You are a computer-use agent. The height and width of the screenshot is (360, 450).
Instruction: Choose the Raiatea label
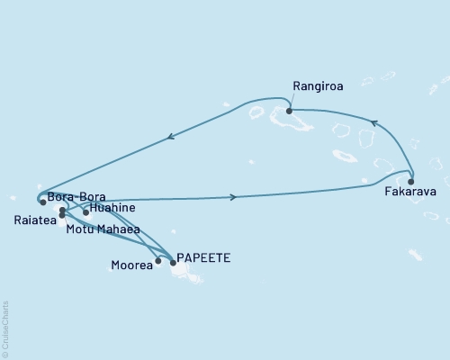coord(32,218)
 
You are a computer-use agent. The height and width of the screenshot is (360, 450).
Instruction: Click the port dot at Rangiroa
coord(289,112)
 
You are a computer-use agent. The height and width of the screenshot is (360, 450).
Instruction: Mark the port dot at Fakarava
coord(411,179)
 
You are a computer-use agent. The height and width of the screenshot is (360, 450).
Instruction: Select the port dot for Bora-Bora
coord(42,202)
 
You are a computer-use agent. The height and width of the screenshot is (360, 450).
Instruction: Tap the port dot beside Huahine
coord(86,212)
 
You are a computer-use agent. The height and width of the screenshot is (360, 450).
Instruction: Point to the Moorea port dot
coord(158,261)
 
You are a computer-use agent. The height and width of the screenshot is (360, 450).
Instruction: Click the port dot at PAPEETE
coord(173,262)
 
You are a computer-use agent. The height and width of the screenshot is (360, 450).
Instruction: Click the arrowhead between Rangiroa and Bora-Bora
coord(169,138)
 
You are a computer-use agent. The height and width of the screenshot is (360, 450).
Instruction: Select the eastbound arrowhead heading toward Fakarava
coord(234,196)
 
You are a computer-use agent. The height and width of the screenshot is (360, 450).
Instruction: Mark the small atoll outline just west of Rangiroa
coord(256,113)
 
